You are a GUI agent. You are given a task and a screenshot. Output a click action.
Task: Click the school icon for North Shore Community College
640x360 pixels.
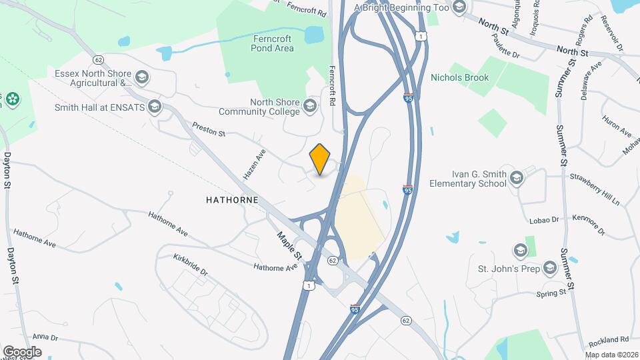(x=310, y=106)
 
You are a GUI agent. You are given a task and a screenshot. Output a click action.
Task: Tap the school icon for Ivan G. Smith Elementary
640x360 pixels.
(x=517, y=178)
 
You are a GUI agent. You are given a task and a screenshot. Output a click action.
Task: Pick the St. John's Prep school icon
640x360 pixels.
(x=550, y=268)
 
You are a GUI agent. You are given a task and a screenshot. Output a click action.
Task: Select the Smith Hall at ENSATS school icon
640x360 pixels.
(x=155, y=107)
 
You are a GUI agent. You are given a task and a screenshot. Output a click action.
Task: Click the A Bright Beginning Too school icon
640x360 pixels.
(x=458, y=7)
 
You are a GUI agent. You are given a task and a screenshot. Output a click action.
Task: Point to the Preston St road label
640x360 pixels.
(x=209, y=129)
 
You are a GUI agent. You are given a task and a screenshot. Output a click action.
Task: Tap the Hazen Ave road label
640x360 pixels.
(x=255, y=164)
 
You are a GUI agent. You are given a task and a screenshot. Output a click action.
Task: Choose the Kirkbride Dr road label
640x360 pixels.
(x=191, y=264)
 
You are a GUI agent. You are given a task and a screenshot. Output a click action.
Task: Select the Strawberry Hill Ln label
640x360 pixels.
(x=595, y=189)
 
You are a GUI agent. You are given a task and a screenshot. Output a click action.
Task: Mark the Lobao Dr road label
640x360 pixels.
(x=539, y=220)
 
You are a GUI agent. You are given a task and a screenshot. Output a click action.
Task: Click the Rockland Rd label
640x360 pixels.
(x=611, y=339)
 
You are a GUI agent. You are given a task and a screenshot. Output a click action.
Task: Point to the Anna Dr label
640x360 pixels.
(x=46, y=337)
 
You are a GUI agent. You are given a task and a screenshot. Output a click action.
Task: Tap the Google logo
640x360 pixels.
(x=22, y=351)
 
